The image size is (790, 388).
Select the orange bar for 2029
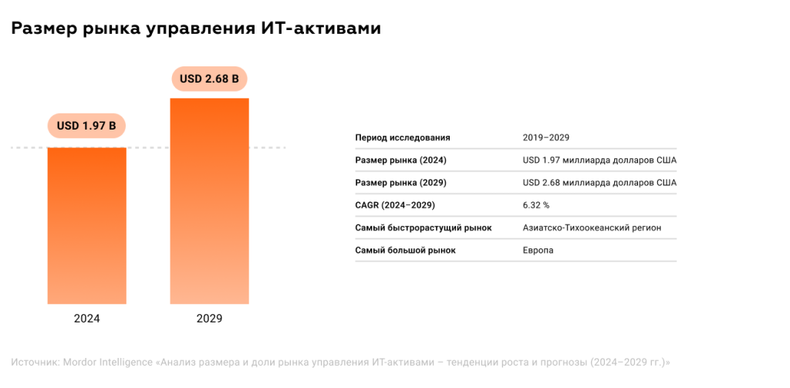(x=210, y=201)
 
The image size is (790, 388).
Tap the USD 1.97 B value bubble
(x=86, y=126)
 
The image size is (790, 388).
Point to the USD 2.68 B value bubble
(x=209, y=79)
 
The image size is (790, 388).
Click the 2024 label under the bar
(x=87, y=318)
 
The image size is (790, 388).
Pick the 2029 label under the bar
(x=210, y=318)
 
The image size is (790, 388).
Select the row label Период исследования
(x=402, y=137)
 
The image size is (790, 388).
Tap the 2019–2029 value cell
(x=545, y=137)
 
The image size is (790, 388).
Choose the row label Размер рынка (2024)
(x=400, y=160)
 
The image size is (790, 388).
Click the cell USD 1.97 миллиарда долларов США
(x=599, y=160)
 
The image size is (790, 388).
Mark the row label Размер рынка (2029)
(x=400, y=183)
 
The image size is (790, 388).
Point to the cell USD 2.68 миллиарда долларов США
(x=599, y=183)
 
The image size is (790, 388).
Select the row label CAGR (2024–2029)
(x=395, y=205)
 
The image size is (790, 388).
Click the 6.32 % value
(x=536, y=205)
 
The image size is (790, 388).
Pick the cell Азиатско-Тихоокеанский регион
(x=592, y=228)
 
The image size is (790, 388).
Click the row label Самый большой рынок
(x=405, y=251)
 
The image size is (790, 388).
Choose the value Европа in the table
(x=538, y=251)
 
